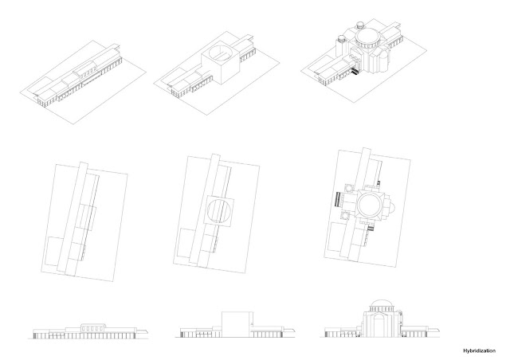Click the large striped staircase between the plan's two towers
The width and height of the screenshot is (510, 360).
(x=339, y=203)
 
